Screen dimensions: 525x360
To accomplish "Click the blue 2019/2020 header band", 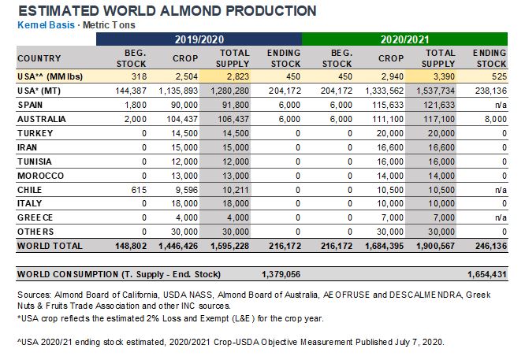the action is tap(199, 39).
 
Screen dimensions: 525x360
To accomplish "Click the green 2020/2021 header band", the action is tap(404, 39).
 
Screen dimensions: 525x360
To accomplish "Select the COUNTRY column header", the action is tap(39, 58).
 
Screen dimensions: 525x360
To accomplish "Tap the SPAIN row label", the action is tap(30, 105).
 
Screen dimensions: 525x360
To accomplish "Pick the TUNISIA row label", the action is tap(35, 161).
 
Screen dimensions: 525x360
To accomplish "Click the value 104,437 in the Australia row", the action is tap(182, 119).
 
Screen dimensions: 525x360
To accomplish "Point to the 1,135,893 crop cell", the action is tap(178, 91).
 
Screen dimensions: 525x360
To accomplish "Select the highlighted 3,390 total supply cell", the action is tap(444, 76).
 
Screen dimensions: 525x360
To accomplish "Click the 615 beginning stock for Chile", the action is tap(139, 190).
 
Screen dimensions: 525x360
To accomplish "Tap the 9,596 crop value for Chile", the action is tap(187, 190).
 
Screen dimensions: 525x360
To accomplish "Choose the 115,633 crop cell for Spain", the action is tap(388, 105).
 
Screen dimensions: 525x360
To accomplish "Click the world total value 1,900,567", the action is tap(435, 247).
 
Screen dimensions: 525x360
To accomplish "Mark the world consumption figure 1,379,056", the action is tap(281, 275).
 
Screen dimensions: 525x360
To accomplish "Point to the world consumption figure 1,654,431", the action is tap(487, 275).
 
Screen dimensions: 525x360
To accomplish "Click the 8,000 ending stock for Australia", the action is tap(496, 119).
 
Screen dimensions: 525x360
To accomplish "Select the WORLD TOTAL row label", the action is tap(50, 247).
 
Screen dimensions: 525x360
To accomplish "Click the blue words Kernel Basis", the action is tap(46, 25).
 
